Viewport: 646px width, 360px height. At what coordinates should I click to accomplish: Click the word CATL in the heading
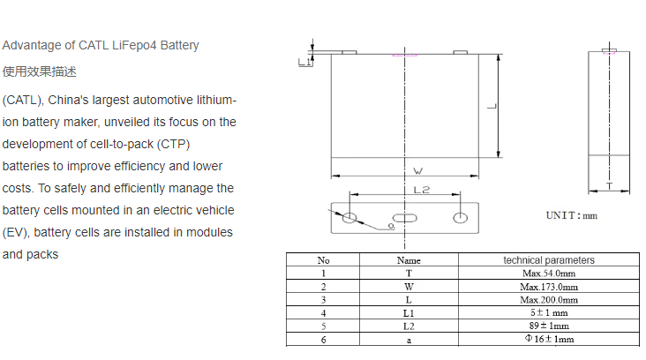[94, 45]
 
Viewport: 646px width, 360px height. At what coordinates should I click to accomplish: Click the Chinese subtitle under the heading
[39, 71]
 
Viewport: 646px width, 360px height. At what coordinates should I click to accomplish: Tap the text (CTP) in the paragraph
[178, 145]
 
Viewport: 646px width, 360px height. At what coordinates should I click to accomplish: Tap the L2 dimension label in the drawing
[421, 190]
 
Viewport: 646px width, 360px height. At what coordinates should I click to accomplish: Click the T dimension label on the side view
[609, 186]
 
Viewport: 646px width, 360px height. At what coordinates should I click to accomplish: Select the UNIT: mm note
[571, 214]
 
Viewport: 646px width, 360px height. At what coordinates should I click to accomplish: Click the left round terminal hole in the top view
[350, 217]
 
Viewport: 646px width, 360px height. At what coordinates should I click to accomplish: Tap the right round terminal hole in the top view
[459, 217]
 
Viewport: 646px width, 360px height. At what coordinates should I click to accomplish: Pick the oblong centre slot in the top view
[405, 218]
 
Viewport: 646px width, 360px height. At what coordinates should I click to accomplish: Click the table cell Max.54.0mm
[549, 274]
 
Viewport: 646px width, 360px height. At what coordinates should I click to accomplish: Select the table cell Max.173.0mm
[549, 287]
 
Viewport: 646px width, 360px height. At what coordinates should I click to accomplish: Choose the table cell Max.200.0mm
[549, 300]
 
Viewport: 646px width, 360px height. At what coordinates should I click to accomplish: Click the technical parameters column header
[549, 260]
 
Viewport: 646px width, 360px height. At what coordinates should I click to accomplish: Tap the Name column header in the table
[409, 260]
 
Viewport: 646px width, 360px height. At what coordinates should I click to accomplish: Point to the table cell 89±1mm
[549, 326]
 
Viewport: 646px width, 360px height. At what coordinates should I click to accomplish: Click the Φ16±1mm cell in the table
[549, 340]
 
